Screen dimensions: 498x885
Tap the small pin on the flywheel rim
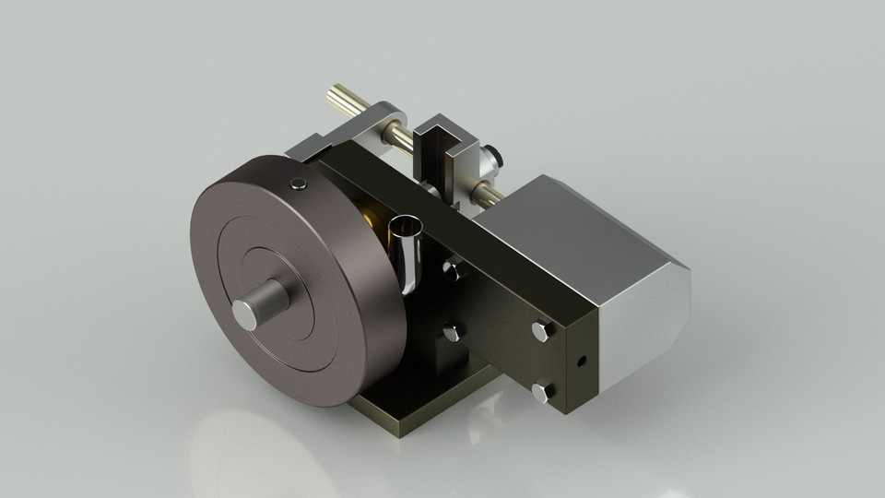(x=297, y=184)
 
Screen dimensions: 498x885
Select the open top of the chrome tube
(x=406, y=225)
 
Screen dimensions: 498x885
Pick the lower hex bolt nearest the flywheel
(x=452, y=332)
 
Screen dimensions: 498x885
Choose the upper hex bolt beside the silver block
(x=541, y=328)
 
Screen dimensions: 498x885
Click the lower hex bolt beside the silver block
(x=543, y=392)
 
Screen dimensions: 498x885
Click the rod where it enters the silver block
(x=485, y=195)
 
